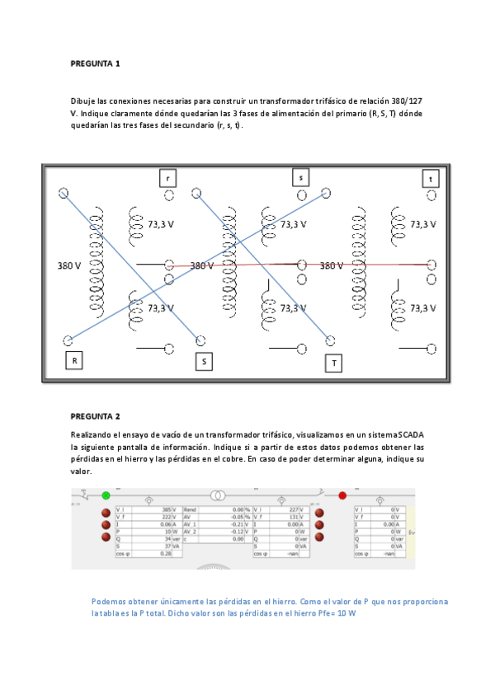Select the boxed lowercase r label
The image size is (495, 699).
[168, 178]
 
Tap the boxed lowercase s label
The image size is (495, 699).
[301, 177]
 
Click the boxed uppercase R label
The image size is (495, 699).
[74, 360]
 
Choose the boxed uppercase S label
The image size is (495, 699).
[203, 361]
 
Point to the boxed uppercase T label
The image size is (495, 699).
[334, 363]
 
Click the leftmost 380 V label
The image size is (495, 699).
[69, 265]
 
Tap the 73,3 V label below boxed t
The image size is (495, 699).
[423, 223]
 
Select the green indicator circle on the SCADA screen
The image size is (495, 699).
[106, 495]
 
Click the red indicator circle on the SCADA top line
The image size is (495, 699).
[342, 495]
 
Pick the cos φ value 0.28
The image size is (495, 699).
[165, 554]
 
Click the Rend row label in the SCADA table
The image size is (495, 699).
[191, 510]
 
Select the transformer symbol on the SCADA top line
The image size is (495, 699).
[218, 495]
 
